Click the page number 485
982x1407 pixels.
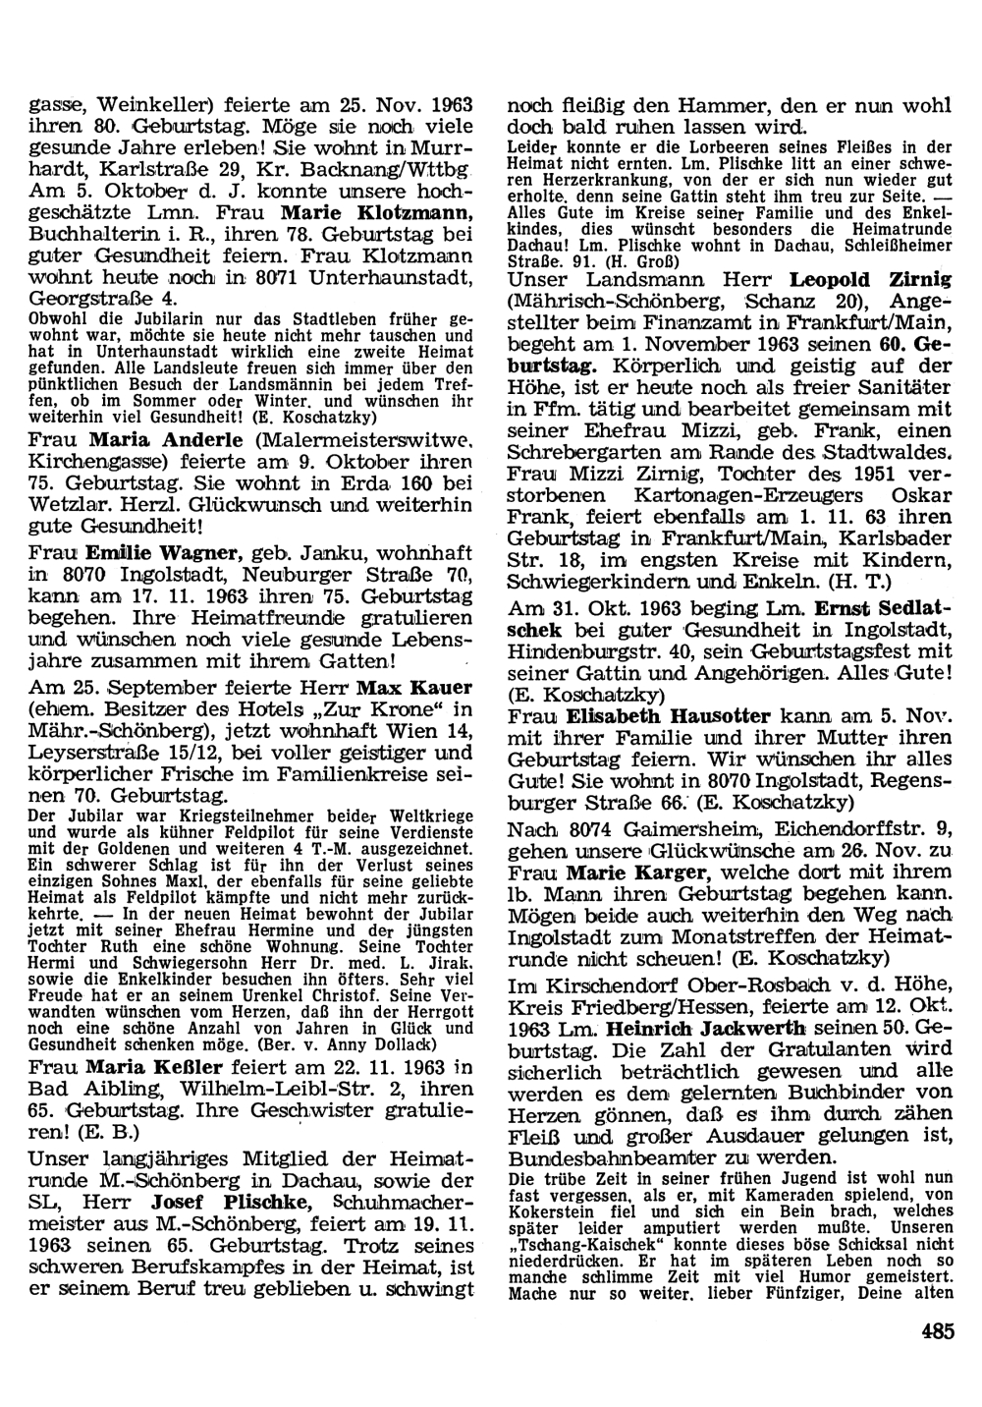point(938,1332)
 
